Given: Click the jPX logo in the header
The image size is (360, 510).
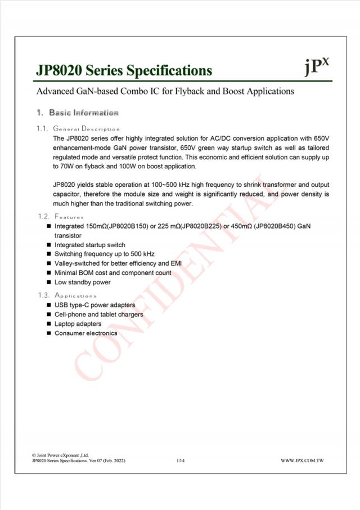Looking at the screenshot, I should coord(316,67).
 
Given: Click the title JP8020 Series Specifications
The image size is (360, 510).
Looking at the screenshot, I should coord(124,70).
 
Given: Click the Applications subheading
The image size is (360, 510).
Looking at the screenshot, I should coord(75,296).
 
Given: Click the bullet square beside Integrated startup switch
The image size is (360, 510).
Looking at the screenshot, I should coord(49,245).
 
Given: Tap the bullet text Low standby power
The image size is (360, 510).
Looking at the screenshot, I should coord(82,282).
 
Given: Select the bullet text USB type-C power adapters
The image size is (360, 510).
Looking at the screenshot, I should coord(94,305).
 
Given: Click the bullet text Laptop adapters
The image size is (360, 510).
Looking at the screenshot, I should coord(78,324).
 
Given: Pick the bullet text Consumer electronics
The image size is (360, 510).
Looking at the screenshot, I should coord(85,333).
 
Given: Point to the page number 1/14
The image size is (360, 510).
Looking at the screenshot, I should coord(180,461).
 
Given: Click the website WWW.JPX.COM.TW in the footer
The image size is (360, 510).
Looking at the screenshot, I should coord(303,461).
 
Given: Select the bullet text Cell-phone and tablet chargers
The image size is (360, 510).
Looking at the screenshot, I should coord(98,315).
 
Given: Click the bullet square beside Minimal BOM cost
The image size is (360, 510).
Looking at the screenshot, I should coord(49,273).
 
